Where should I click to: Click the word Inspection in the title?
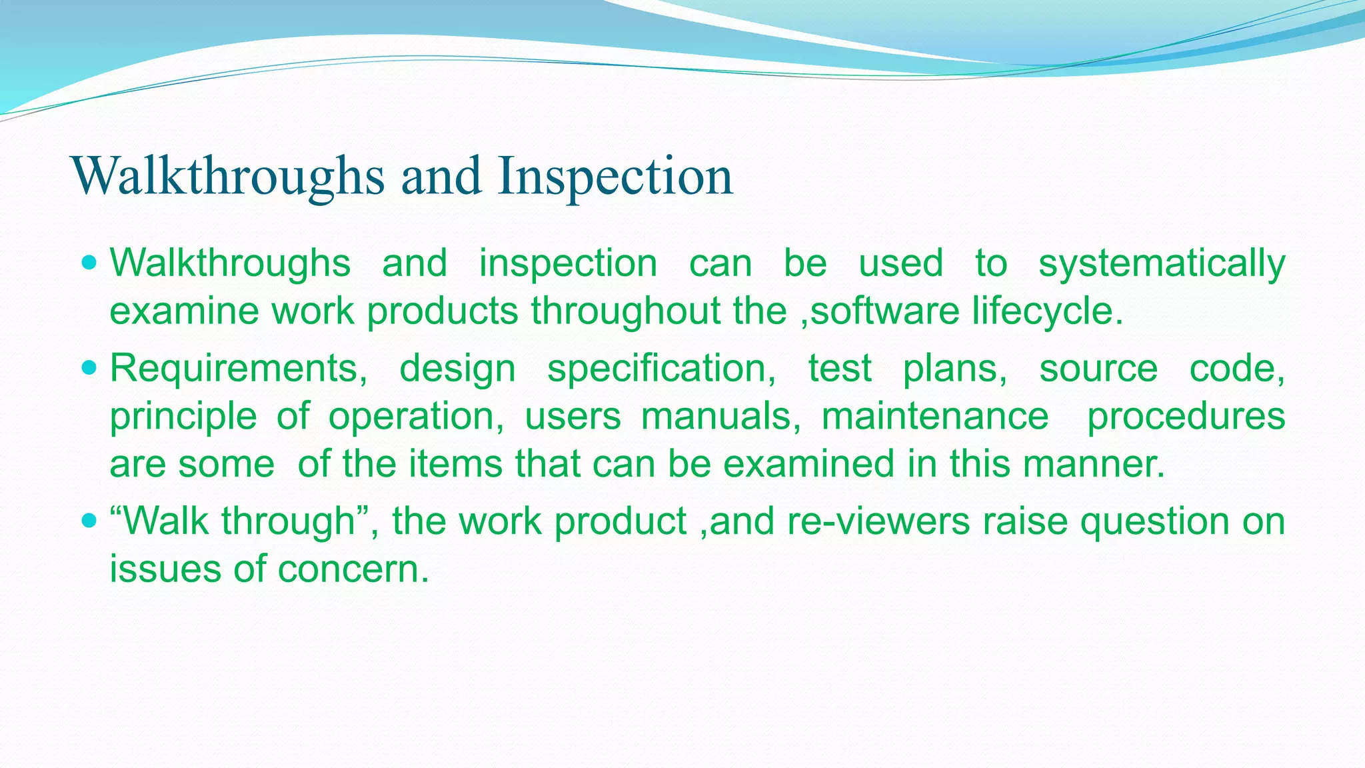(x=615, y=176)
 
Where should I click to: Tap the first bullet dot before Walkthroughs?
(x=88, y=263)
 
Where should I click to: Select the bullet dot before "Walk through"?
(x=88, y=520)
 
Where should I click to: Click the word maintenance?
(x=934, y=416)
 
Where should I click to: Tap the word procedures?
(x=1186, y=417)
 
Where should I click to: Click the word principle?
(x=183, y=417)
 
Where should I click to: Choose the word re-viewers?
(x=878, y=521)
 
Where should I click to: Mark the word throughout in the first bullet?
(x=625, y=311)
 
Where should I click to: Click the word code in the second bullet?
(x=1236, y=369)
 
